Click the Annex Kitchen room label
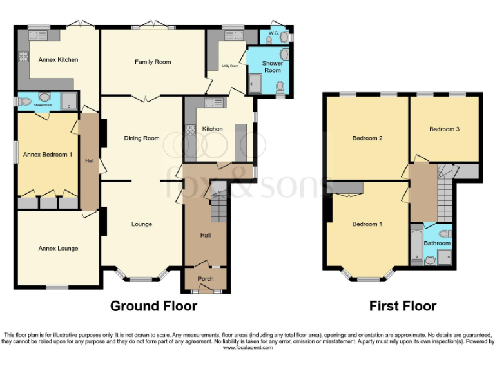58,60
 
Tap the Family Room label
153,62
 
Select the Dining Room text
142,138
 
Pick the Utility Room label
230,66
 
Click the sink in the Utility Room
230,35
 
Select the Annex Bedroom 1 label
47,155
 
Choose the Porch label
206,279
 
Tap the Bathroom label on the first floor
437,243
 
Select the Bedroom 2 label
367,138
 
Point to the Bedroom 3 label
444,129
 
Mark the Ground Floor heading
153,306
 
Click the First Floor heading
403,306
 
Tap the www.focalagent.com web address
247,347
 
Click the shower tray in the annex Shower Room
69,100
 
